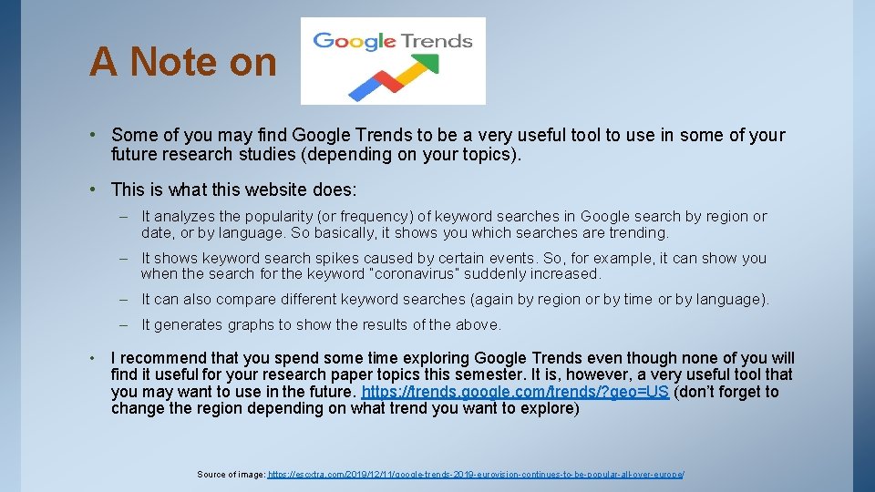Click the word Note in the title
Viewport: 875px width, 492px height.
point(174,62)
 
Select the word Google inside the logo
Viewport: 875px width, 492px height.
point(354,41)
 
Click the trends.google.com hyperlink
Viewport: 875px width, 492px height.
point(515,392)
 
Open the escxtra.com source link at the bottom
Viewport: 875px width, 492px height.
point(475,475)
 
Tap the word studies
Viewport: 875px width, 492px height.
point(271,153)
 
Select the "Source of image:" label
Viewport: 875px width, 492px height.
point(231,475)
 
